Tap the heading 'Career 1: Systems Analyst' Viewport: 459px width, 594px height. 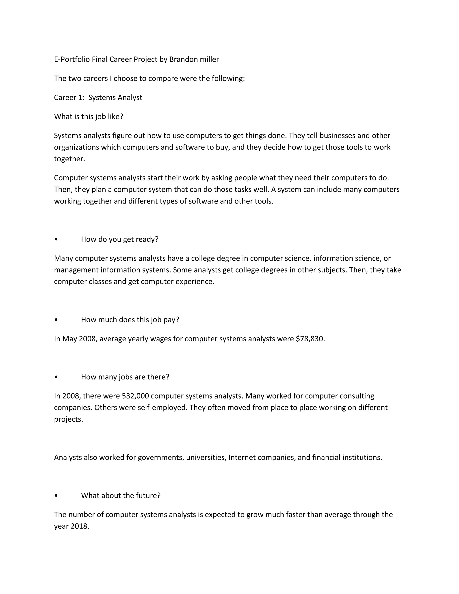(98, 97)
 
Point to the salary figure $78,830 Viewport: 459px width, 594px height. (310, 339)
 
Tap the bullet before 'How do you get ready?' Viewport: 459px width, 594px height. (56, 239)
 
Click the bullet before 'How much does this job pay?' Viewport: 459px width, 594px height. (56, 320)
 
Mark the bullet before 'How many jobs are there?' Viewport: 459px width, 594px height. (56, 377)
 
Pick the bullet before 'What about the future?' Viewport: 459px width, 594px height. (56, 496)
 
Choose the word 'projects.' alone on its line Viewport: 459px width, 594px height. (69, 419)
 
